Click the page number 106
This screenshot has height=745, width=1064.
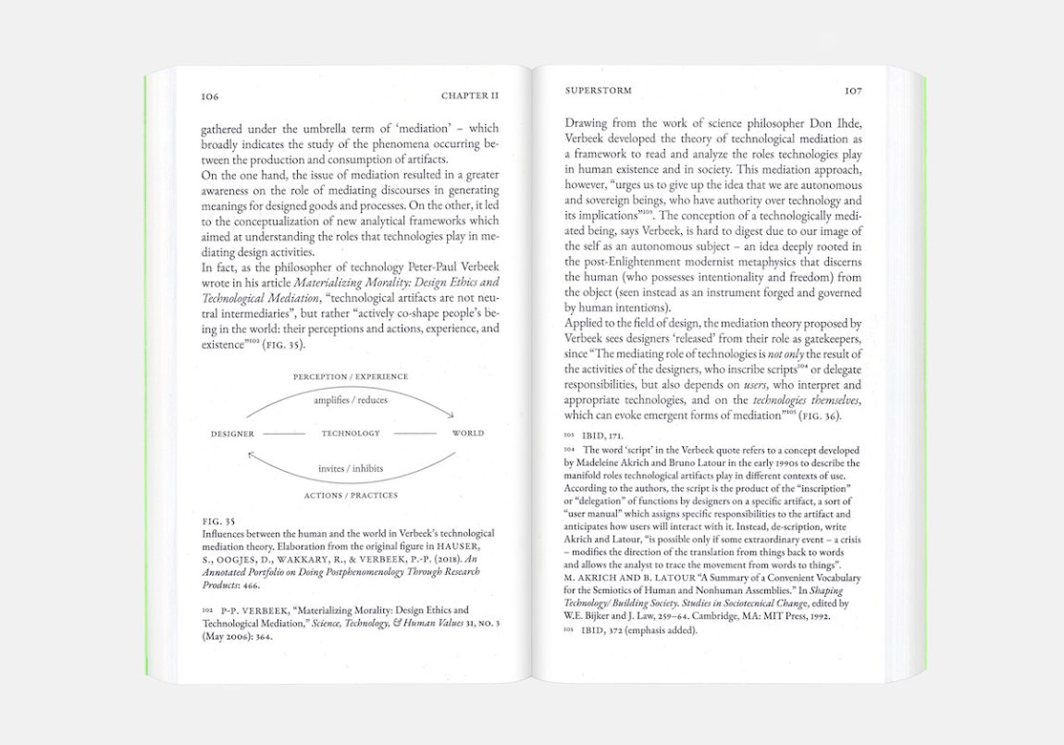[x=209, y=95]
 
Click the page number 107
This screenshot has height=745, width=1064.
[x=853, y=92]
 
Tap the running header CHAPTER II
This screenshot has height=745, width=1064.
[x=470, y=95]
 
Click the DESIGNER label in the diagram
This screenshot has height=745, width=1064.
[x=232, y=433]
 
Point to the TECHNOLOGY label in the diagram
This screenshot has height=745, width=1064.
[x=351, y=433]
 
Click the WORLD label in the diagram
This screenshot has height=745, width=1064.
[x=467, y=433]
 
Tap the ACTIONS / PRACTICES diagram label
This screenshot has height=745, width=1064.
[x=351, y=495]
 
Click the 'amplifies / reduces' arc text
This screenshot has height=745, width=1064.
[x=351, y=400]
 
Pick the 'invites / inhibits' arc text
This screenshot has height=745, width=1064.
[x=351, y=468]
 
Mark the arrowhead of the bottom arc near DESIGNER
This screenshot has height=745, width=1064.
[x=251, y=453]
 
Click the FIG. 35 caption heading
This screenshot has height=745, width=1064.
[x=217, y=521]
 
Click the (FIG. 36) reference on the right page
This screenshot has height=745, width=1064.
[x=816, y=416]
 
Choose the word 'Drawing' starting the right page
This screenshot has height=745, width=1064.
[x=586, y=122]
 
